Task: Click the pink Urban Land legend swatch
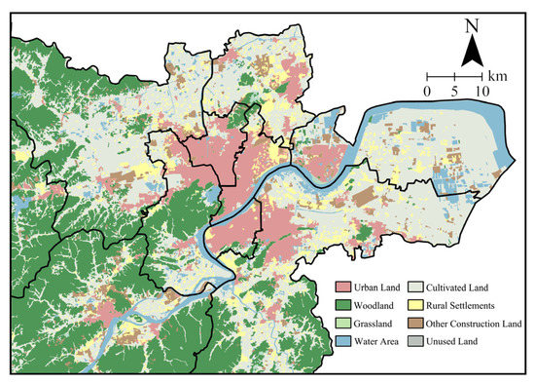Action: click(343, 287)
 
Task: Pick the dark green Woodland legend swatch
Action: click(343, 306)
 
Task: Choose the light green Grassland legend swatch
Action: click(343, 324)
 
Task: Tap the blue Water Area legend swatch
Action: click(343, 342)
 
